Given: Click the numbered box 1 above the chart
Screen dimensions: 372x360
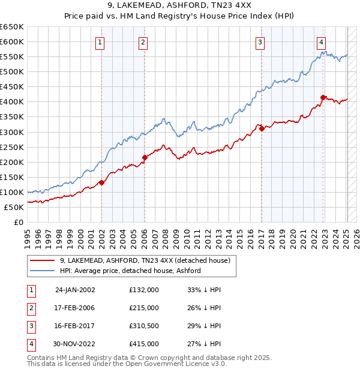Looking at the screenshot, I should coord(100,42).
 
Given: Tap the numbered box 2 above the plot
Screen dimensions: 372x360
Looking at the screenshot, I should coord(143,42).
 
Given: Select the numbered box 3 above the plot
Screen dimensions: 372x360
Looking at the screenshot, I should coord(260,42).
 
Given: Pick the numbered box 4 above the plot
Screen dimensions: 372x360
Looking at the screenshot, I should coord(322,42).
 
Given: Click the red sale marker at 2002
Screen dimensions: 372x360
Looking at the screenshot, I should coord(102,182).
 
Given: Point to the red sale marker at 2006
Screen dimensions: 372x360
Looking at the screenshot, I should coord(145,157).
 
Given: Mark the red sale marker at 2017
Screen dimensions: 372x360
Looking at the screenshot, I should coord(262,128).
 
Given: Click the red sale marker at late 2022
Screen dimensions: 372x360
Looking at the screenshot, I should coord(323,97).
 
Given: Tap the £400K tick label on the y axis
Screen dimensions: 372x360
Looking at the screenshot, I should coord(12,102).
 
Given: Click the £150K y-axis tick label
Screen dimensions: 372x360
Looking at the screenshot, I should coord(12,177).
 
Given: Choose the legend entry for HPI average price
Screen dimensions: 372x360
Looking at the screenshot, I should coord(130,271).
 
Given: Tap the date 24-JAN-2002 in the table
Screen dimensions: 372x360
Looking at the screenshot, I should coord(75,290).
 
